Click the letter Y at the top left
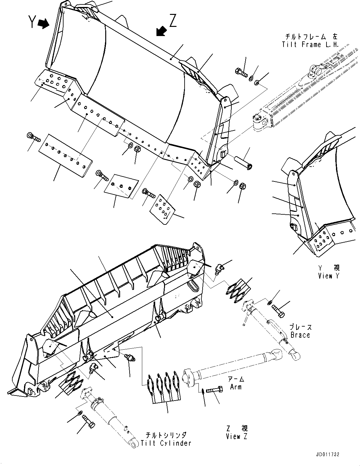pos(32,22)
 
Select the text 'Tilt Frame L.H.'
pos(310,45)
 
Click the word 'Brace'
pos(300,335)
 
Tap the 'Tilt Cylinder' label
pos(166,443)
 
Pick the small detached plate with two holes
pos(121,186)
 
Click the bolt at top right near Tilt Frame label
pos(241,72)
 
